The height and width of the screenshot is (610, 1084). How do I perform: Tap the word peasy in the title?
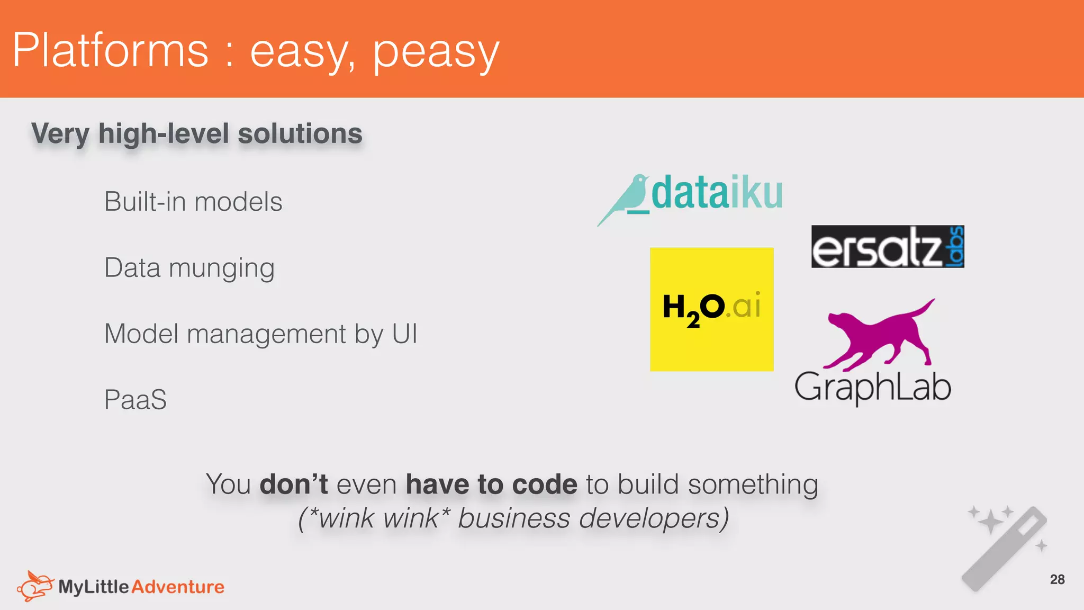tap(436, 52)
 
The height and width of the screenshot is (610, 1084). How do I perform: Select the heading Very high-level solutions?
tap(196, 133)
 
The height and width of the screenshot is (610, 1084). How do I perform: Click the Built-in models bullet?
tap(193, 202)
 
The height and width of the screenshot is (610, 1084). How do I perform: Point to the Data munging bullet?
tap(189, 268)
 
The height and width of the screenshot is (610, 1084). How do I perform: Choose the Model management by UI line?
tap(260, 334)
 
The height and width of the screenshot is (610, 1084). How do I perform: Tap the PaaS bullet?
tap(135, 400)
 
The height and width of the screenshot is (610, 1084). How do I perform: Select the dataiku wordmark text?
tap(717, 193)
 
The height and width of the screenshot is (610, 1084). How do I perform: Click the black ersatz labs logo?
tap(887, 247)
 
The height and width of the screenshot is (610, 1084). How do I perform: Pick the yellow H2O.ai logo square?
tap(711, 309)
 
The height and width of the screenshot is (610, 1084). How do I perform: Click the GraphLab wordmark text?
tap(872, 387)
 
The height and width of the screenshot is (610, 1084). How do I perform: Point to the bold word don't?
tap(294, 485)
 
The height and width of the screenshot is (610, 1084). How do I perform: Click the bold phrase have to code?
tap(491, 485)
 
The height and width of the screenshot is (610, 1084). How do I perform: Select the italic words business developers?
tap(593, 518)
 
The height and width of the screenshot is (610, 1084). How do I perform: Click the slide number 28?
tap(1057, 580)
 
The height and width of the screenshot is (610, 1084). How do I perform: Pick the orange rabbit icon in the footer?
tap(35, 586)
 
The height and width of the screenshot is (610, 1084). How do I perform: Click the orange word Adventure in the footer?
tap(178, 587)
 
